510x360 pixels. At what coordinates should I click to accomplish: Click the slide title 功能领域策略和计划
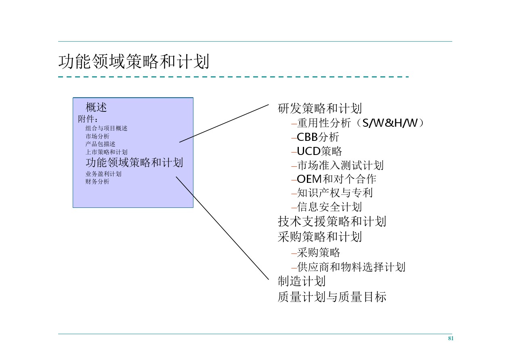coord(134,62)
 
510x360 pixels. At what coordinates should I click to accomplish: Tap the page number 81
coord(451,339)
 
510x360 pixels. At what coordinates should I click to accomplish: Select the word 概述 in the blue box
coord(96,108)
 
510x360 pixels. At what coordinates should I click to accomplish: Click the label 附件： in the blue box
coord(88,119)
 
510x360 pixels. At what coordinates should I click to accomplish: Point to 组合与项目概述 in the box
coord(106,128)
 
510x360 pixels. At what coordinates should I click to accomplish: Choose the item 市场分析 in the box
coord(97,136)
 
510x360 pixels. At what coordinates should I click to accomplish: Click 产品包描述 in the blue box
coord(100,144)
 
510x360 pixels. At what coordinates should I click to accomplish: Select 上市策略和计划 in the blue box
coord(106,152)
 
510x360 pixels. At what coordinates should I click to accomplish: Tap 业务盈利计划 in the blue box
coord(103,174)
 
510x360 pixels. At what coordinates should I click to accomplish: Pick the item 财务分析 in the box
coord(97,182)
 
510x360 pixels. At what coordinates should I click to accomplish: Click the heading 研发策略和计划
coord(320,109)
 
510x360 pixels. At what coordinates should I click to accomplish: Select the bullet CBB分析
coord(318,137)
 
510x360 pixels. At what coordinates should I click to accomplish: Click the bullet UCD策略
coord(319,151)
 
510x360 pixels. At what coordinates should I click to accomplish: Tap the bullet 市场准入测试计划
coord(340,165)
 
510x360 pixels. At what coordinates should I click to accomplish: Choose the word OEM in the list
coord(309,179)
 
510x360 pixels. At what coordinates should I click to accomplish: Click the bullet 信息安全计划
coord(329,207)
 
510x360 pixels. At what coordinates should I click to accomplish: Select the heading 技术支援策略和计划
coord(332,222)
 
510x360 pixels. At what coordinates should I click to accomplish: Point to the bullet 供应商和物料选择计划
coord(351,267)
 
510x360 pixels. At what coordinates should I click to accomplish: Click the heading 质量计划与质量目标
coord(332,297)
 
